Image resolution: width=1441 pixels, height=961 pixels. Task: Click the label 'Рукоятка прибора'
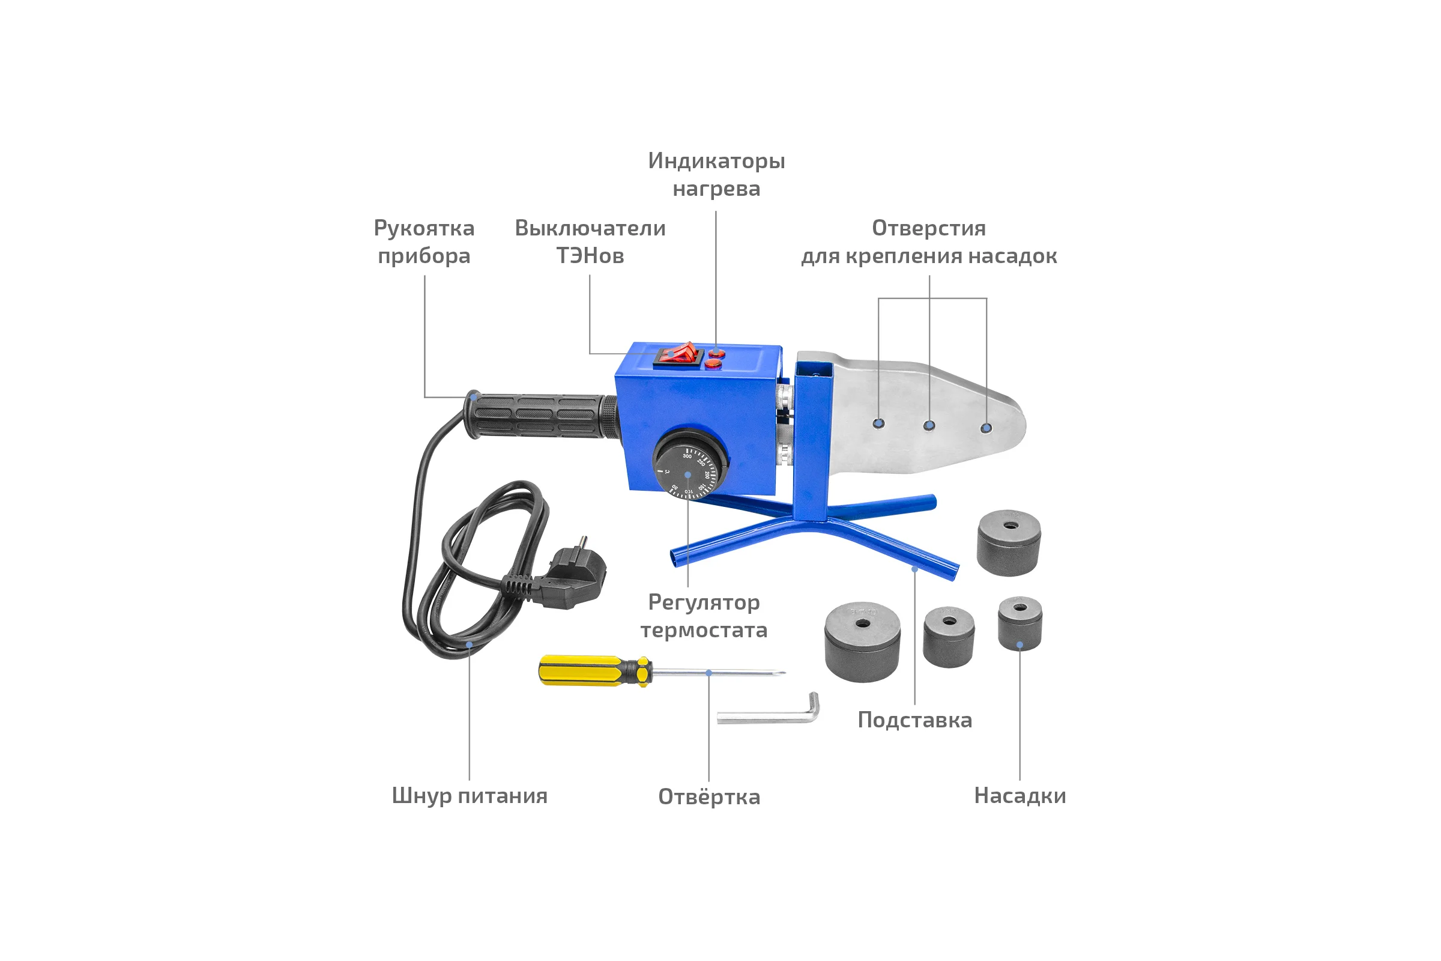coord(424,241)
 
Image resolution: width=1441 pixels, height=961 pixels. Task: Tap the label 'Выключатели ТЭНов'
coord(590,241)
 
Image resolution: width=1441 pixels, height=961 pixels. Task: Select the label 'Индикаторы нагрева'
coord(716,174)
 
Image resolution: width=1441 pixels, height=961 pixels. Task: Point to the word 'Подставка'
coord(914,720)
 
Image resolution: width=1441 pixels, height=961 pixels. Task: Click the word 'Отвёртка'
coord(709,796)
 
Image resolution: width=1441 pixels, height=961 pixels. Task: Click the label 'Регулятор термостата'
coord(704,616)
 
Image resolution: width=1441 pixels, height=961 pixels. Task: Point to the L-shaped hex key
coord(769,711)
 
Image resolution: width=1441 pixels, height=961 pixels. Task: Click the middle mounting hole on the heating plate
coord(929,425)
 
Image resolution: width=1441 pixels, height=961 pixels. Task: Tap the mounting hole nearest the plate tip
coord(986,428)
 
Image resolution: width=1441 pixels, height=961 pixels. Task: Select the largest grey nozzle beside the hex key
coord(863,642)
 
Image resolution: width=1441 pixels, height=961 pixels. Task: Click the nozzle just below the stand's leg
coord(1009,543)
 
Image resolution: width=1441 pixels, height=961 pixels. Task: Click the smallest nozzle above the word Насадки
coord(1020,624)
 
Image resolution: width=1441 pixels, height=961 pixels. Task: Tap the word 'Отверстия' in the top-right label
coord(929,228)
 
